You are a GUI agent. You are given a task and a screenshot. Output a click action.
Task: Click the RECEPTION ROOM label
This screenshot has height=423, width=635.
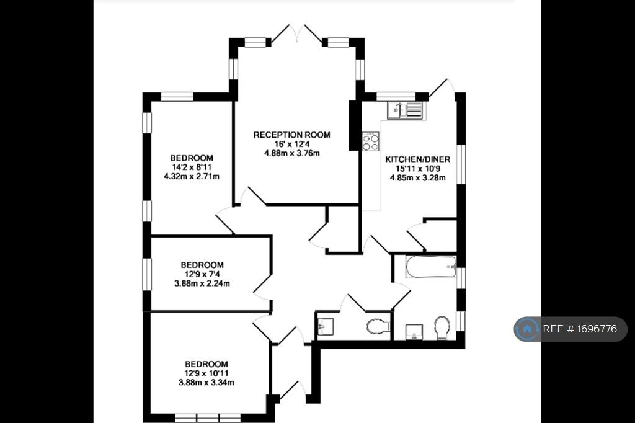pos(291,135)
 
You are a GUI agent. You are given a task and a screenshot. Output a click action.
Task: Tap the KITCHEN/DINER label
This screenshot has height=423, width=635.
pos(417,159)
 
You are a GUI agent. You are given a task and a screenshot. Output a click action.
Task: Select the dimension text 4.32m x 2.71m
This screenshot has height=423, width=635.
pos(192,176)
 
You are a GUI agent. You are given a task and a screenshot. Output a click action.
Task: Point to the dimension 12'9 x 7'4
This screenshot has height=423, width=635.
pos(202,274)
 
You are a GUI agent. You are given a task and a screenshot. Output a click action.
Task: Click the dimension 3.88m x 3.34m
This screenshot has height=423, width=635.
pos(206,382)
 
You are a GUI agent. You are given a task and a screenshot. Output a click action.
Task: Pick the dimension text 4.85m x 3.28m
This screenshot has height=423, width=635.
pos(417,177)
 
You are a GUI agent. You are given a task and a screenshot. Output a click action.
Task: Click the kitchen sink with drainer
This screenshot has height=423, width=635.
pos(405,110)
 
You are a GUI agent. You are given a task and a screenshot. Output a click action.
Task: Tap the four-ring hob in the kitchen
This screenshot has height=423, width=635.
pos(371,141)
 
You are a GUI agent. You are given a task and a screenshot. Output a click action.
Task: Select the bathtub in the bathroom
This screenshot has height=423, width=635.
pos(430,267)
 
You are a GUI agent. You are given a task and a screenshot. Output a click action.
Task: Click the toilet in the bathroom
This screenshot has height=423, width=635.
pos(442,327)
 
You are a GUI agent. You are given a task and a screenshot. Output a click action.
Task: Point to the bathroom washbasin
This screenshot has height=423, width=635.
pos(414,331)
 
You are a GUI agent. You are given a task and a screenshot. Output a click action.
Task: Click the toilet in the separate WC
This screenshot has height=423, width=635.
pos(378,326)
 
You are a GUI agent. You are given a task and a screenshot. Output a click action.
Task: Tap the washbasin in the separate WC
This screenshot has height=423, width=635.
pos(325,327)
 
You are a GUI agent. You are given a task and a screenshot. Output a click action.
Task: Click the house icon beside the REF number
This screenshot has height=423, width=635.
pos(527,329)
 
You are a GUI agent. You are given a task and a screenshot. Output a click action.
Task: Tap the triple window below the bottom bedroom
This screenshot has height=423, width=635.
pos(208,417)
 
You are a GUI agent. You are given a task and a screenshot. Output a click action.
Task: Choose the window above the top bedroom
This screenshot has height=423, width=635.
pos(177,96)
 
